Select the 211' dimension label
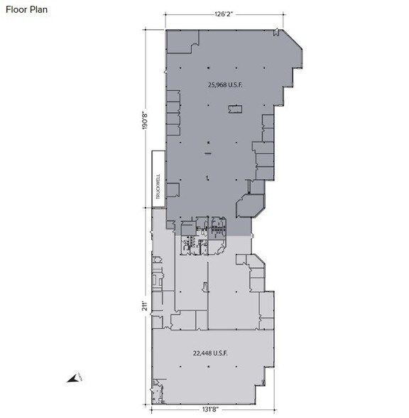coord(144,306)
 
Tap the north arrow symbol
coord(73,379)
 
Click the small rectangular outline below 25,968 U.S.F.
coord(234,109)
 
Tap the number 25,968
coord(217,84)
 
